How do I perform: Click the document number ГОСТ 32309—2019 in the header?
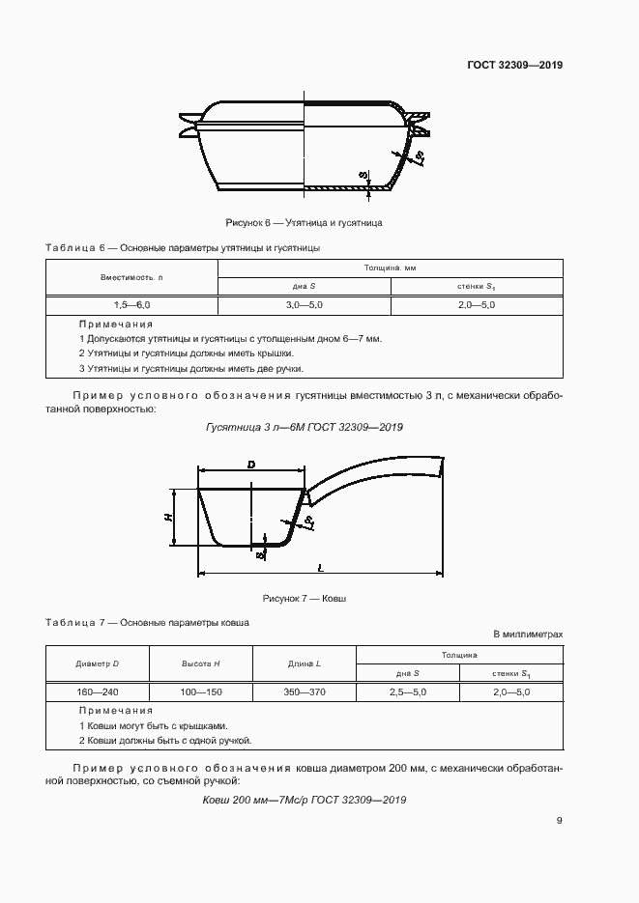coord(515,66)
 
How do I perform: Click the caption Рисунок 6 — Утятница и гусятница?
coord(304,223)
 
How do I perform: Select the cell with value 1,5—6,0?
coord(132,305)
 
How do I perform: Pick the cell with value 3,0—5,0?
coord(305,305)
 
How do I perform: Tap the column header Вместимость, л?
coord(132,277)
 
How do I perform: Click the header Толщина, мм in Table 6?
coord(390,268)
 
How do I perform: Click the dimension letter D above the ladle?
coord(251,466)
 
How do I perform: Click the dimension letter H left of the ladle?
coord(168,518)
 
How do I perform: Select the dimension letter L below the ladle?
coord(320,569)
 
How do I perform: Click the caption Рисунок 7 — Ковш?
coord(304,599)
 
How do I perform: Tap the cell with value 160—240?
coord(97,692)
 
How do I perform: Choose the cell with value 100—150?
coord(201,692)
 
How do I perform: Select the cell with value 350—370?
coord(305,692)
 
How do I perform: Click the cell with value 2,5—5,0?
coord(408,692)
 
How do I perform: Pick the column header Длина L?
coord(305,664)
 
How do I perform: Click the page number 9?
coord(560,821)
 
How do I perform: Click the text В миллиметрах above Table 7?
coord(528,635)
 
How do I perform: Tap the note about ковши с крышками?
coord(153,725)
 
